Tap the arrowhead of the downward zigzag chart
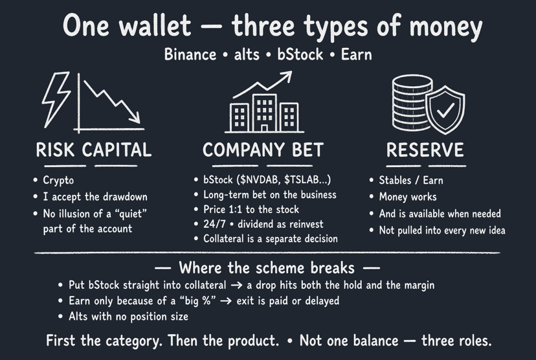pos(136,118)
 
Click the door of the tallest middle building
pos(264,128)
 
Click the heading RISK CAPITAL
pos(94,150)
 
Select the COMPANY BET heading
pos(263,150)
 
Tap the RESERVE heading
pos(425,150)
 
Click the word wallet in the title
pos(155,25)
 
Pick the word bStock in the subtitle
pos(300,54)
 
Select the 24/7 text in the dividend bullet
pos(214,224)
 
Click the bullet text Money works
pos(408,197)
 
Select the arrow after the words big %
pos(226,301)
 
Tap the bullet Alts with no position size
pos(129,317)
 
